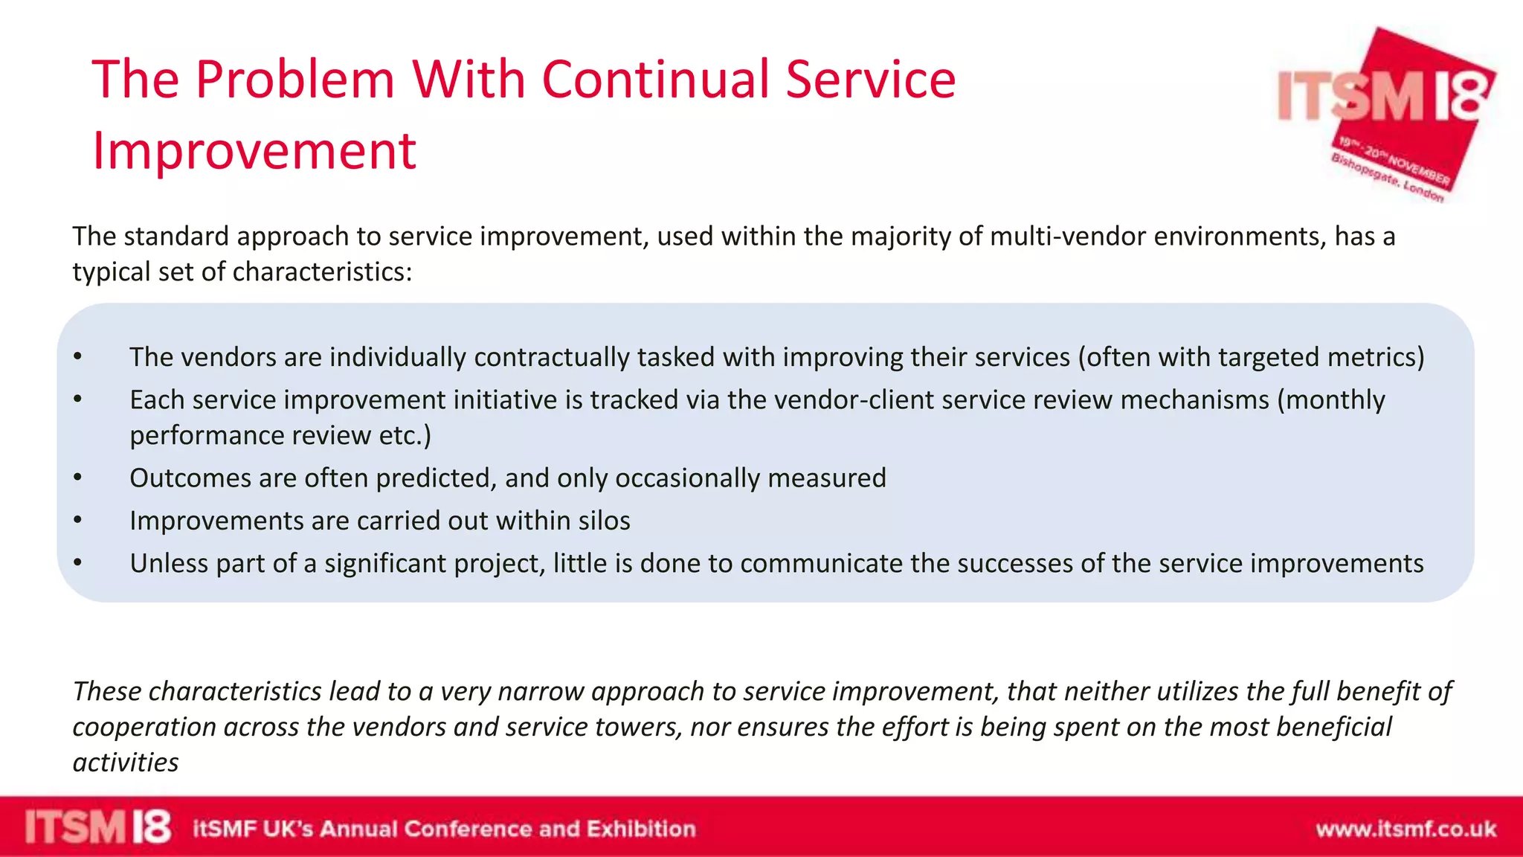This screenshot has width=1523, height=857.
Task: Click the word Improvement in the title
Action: point(254,151)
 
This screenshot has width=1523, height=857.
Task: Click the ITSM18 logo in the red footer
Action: point(97,827)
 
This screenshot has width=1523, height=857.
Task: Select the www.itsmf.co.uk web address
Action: point(1406,829)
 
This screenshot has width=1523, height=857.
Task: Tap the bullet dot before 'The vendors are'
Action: point(77,358)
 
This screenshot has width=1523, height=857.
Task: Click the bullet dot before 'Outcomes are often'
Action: point(77,478)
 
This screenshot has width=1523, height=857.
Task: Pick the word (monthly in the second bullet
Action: point(1330,400)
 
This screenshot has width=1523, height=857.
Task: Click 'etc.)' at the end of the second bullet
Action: point(405,436)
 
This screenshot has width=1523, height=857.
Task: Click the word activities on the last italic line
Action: point(126,763)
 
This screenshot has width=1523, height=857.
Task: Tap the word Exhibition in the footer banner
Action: point(641,829)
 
